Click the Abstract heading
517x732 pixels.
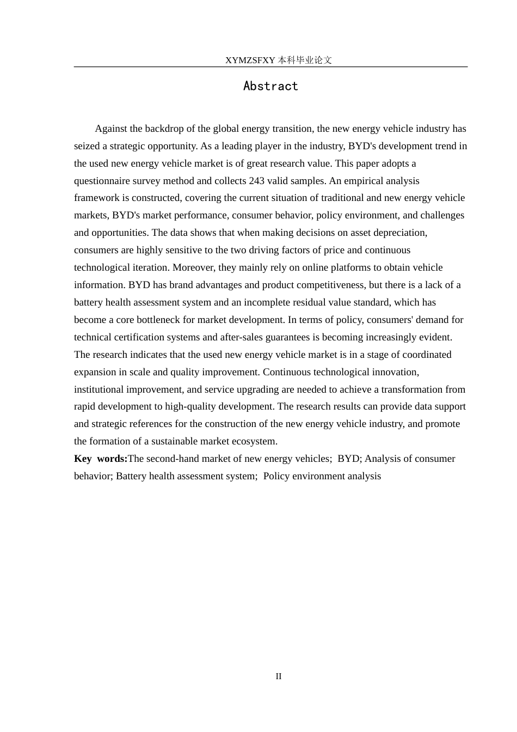tap(270, 86)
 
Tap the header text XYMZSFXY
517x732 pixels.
tap(250, 60)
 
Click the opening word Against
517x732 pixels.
tap(111, 129)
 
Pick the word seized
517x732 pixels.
tap(87, 146)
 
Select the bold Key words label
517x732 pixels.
tap(101, 459)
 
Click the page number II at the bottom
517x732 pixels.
tap(279, 676)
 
